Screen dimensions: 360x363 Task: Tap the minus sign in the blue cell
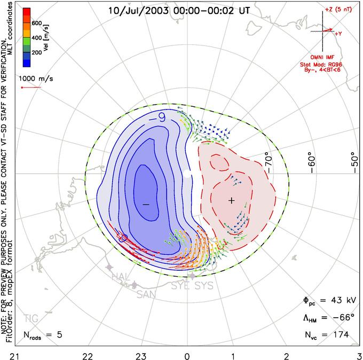pyautogui.click(x=146, y=205)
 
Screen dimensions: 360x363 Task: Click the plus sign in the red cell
pyautogui.click(x=231, y=200)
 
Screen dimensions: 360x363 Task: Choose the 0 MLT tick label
pyautogui.click(x=187, y=355)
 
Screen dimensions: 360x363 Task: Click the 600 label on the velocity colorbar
pyautogui.click(x=37, y=24)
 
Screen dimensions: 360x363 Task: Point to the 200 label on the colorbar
pyautogui.click(x=37, y=53)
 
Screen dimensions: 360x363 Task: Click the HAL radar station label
pyautogui.click(x=120, y=276)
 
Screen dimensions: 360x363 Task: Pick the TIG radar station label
pyautogui.click(x=30, y=319)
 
